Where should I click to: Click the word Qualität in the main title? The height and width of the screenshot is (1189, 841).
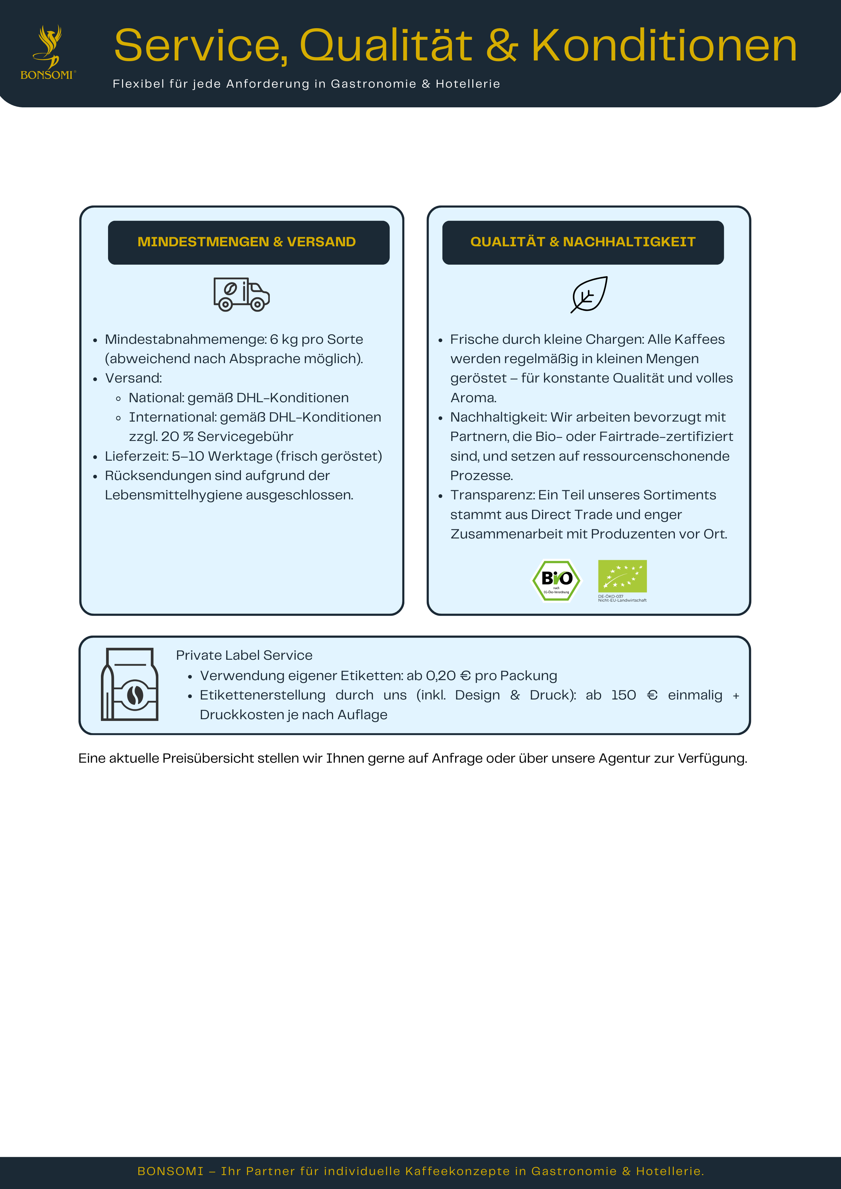point(386,47)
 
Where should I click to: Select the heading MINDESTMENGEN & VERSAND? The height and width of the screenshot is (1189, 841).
point(246,242)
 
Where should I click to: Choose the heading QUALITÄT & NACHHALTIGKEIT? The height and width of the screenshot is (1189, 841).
point(583,242)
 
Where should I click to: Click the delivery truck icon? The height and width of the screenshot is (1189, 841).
point(241,294)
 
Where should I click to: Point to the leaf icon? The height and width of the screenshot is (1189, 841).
point(589,294)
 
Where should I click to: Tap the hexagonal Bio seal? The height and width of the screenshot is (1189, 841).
point(556,580)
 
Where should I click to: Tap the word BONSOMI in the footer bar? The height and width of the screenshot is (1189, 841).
point(170,1171)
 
